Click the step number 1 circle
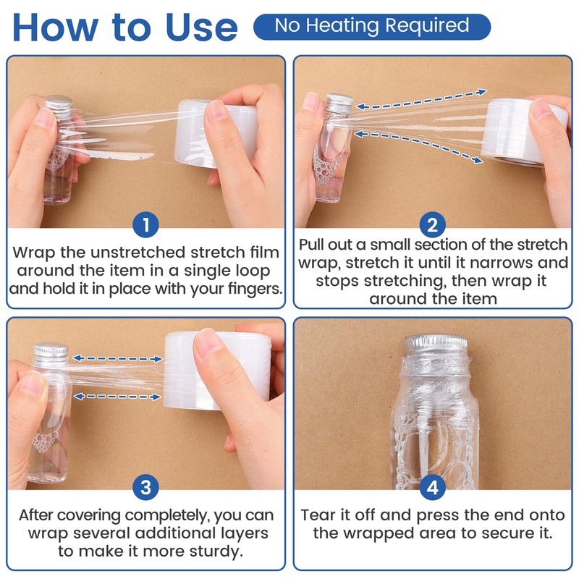[x=146, y=225]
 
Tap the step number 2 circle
[x=432, y=225]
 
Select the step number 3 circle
[x=146, y=487]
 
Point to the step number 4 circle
[x=432, y=487]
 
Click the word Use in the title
[x=202, y=28]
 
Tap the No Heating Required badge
[x=372, y=27]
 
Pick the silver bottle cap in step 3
[x=51, y=353]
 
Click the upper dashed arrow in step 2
[x=421, y=99]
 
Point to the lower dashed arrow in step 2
[x=418, y=146]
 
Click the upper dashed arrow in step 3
[x=117, y=358]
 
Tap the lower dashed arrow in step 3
[x=117, y=397]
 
